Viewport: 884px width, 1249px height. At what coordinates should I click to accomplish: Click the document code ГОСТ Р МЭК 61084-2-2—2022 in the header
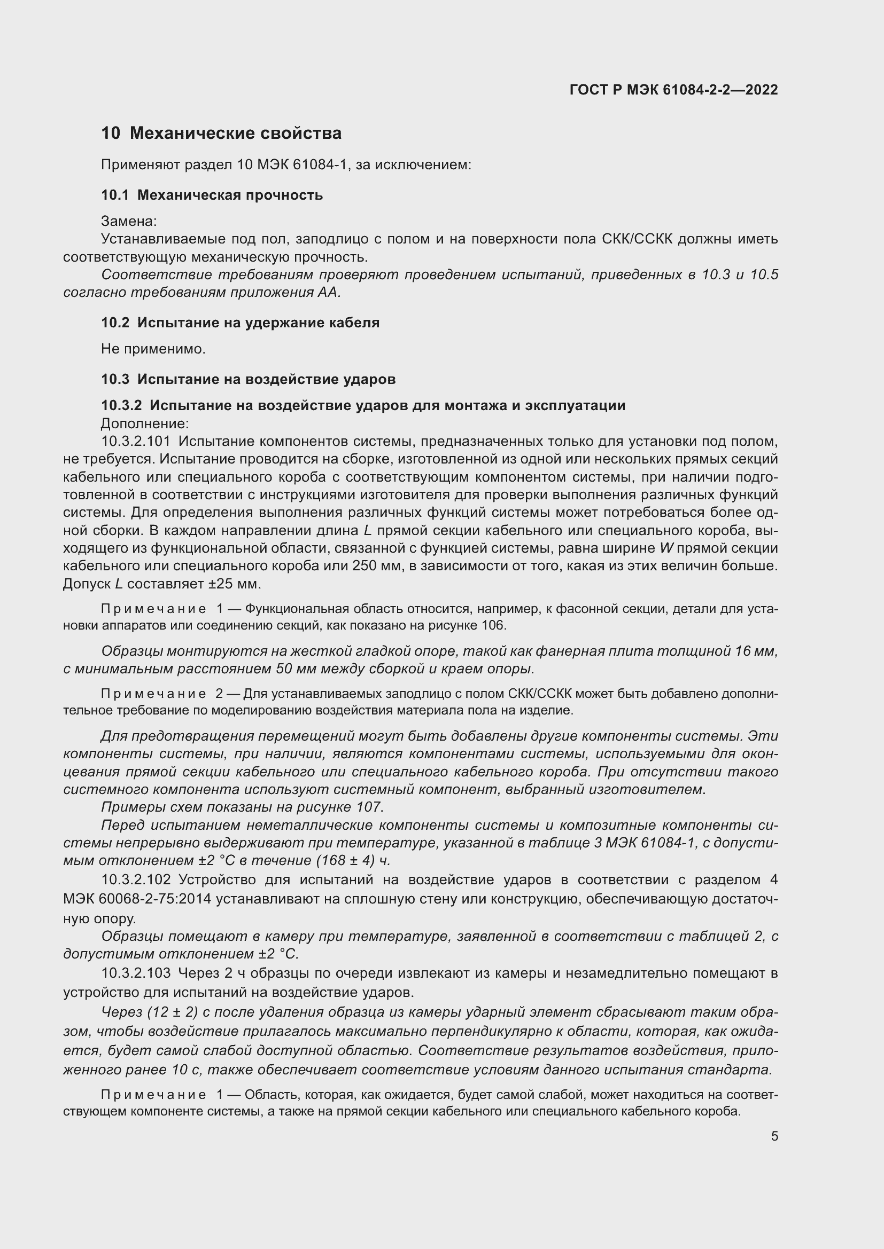pos(673,90)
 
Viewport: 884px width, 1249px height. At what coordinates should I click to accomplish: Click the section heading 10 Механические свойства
pos(221,133)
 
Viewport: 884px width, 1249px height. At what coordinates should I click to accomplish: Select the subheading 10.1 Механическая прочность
pos(212,195)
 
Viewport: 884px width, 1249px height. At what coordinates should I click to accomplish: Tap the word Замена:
pos(128,221)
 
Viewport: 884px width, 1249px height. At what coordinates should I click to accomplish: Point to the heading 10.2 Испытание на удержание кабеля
pos(240,323)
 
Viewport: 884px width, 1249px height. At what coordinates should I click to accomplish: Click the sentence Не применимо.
pos(153,349)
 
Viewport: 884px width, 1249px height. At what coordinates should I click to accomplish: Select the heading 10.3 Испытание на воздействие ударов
pos(248,379)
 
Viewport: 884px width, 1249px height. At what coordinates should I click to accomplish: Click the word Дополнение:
pos(145,423)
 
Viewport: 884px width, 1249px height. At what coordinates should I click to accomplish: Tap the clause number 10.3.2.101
pos(136,441)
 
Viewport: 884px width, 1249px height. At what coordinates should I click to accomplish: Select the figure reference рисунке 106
pos(473,626)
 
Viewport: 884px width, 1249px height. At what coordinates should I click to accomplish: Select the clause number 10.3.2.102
pos(136,879)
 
